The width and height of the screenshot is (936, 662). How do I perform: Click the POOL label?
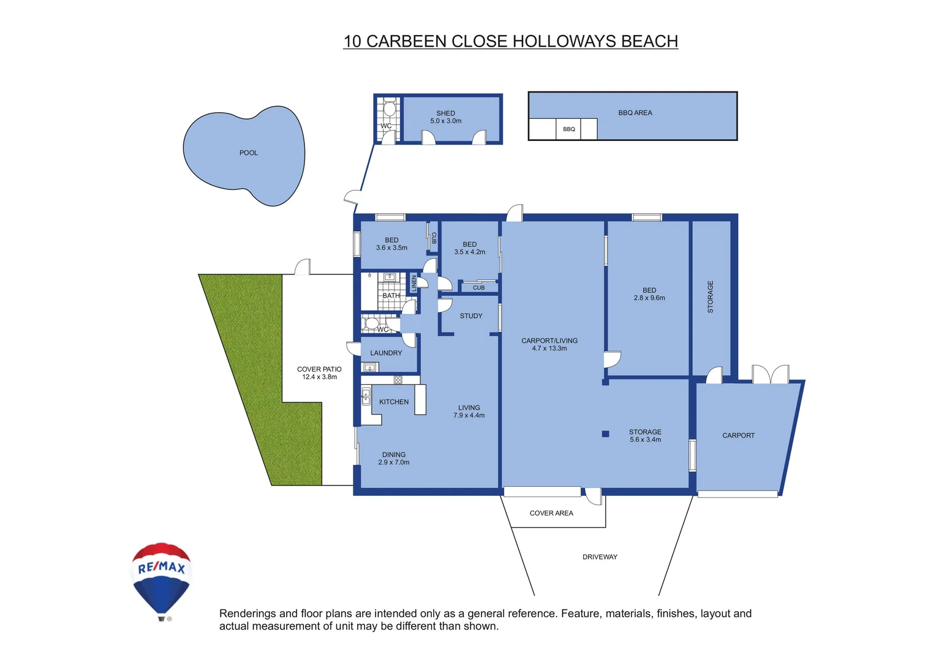click(248, 153)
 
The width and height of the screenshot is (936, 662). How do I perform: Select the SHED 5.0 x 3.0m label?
click(445, 117)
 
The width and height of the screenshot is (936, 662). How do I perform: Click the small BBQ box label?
click(568, 129)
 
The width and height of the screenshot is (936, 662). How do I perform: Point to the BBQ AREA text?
click(635, 113)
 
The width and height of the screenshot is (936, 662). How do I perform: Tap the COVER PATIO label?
click(319, 373)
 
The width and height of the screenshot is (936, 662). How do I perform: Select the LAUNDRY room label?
click(386, 353)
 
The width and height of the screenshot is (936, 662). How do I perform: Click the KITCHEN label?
click(393, 402)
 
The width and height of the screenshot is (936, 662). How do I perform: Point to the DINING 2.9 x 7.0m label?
click(394, 458)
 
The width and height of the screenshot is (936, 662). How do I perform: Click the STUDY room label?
click(471, 316)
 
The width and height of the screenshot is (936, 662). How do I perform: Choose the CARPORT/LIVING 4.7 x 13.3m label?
click(549, 344)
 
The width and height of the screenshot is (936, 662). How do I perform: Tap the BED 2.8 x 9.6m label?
click(649, 294)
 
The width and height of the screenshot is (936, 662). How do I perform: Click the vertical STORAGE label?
click(711, 297)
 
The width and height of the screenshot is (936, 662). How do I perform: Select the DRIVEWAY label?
click(600, 557)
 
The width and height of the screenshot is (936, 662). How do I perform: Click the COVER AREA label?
click(551, 514)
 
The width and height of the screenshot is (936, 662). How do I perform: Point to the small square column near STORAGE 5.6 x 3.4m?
click(605, 434)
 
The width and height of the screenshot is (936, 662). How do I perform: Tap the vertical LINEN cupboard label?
click(414, 283)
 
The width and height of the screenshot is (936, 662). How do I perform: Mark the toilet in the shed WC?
click(389, 109)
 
